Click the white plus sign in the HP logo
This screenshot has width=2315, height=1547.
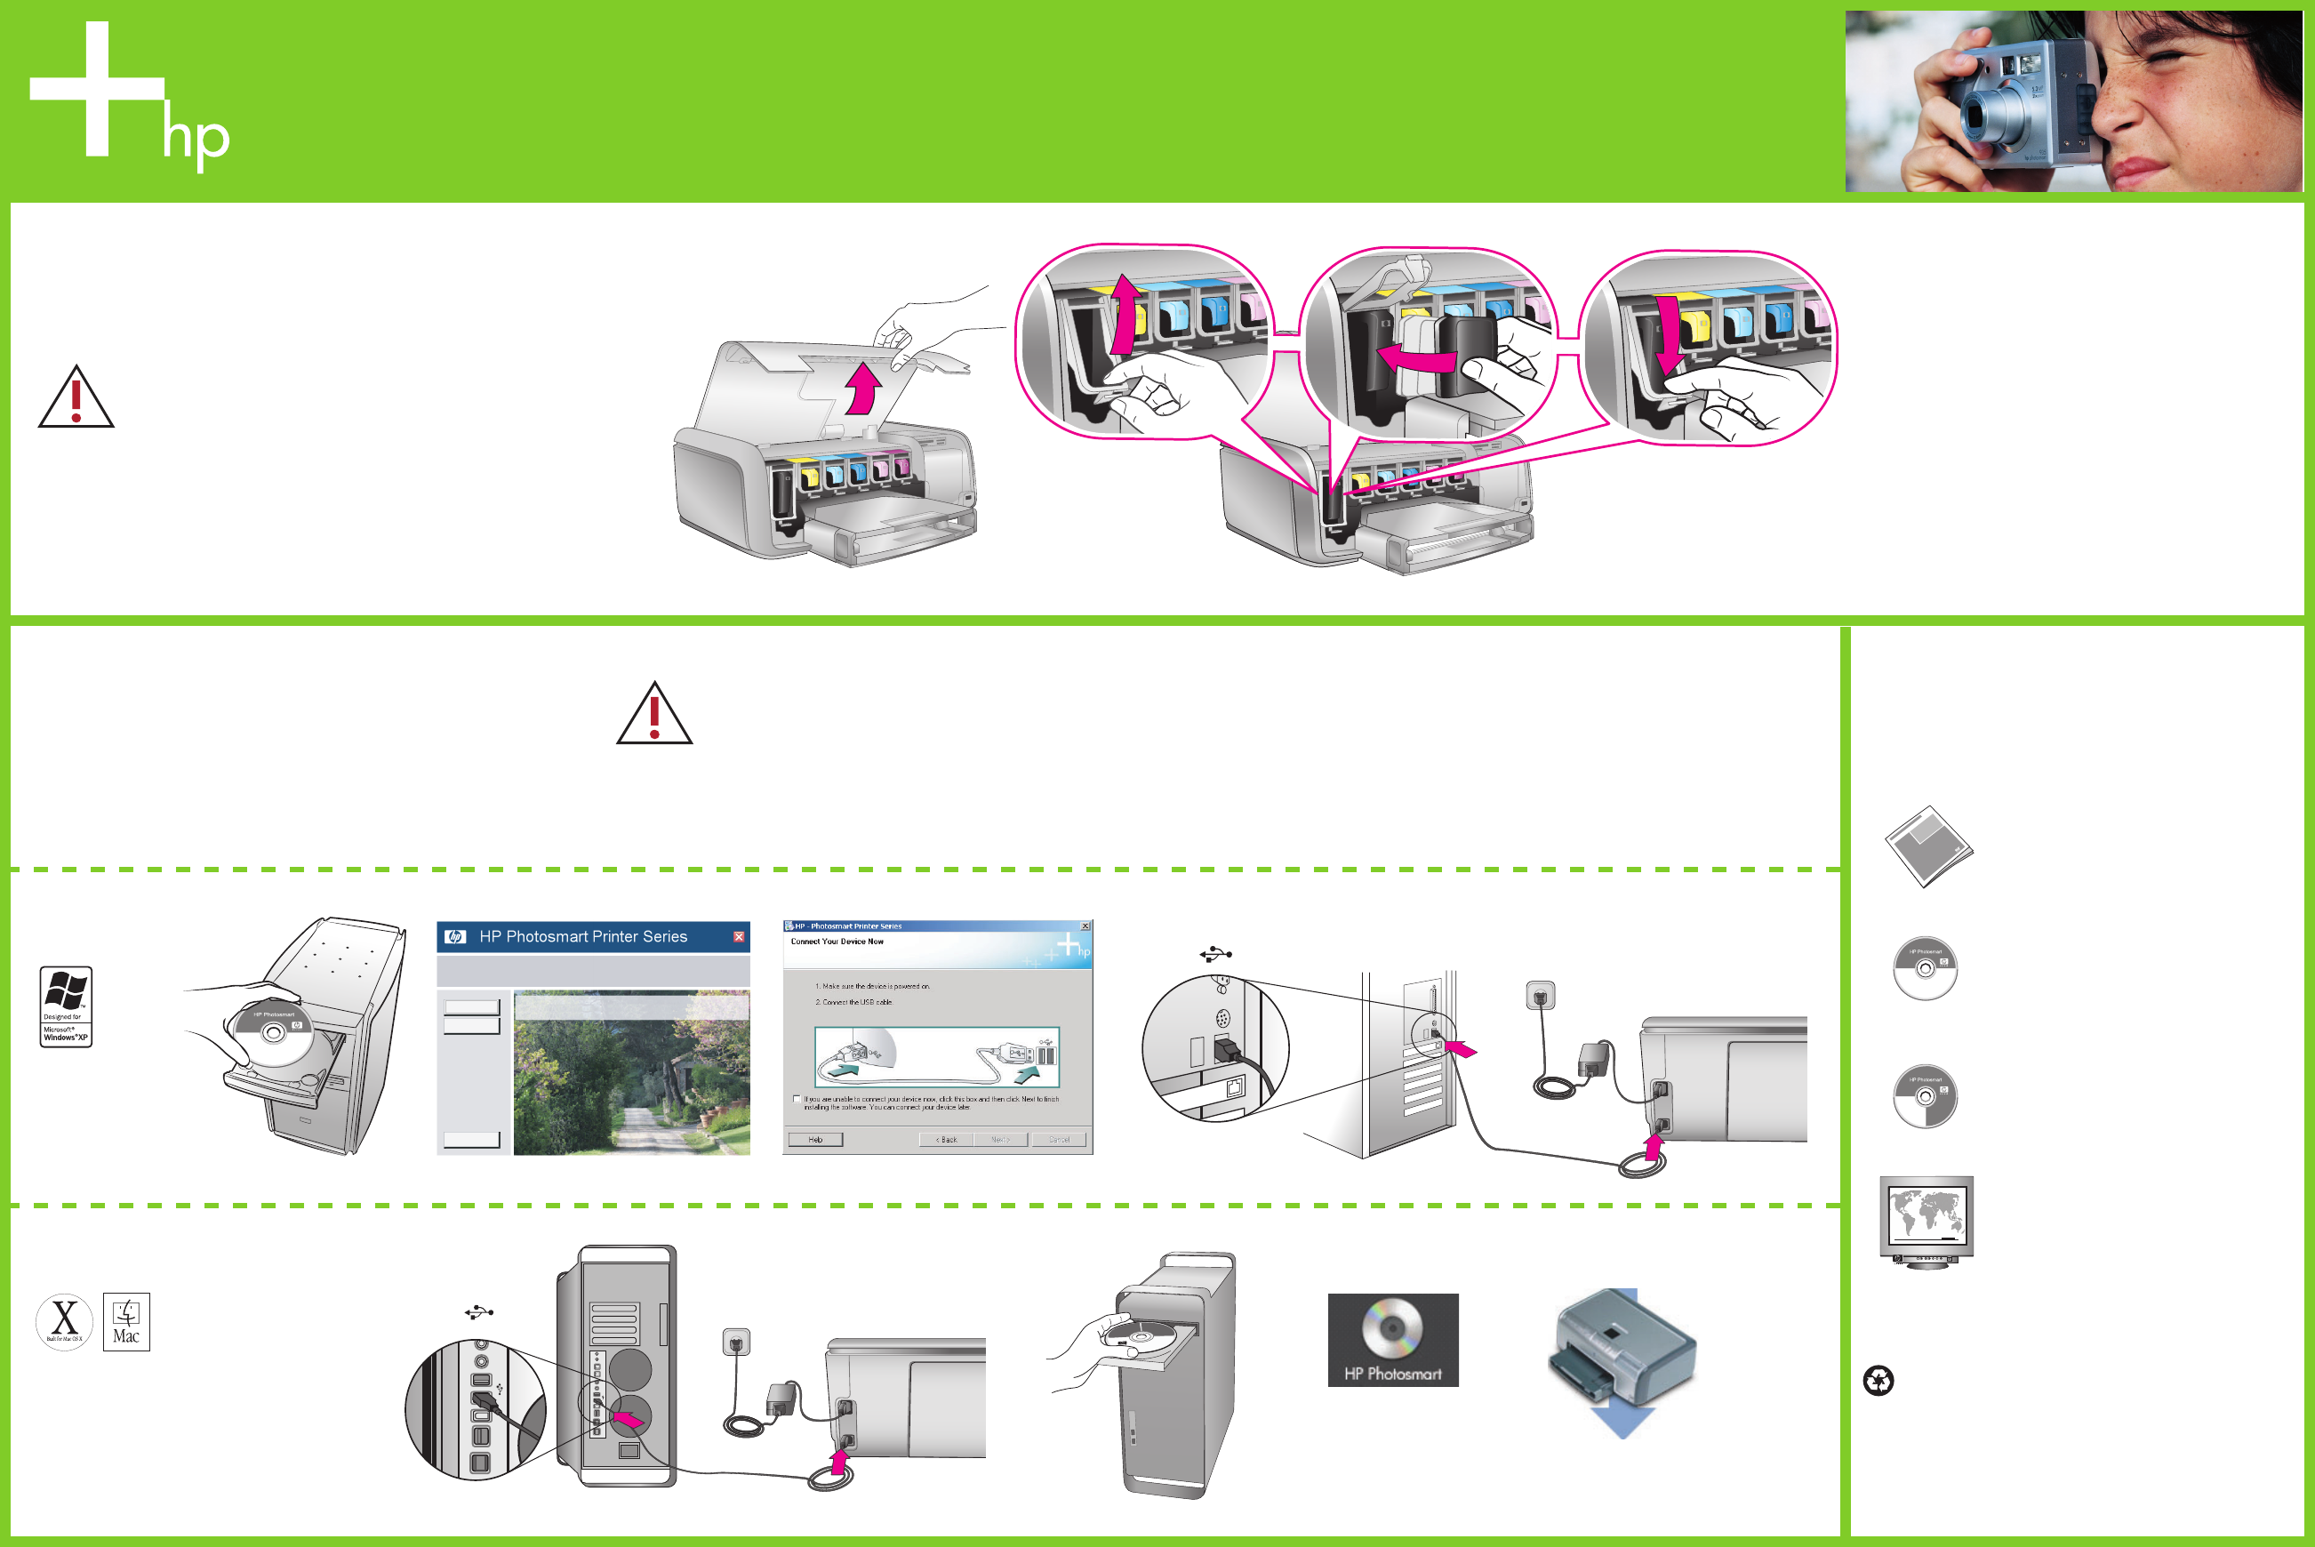click(97, 89)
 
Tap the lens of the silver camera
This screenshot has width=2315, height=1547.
click(1976, 117)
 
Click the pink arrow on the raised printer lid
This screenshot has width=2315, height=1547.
click(864, 388)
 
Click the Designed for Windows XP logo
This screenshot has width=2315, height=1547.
click(66, 1006)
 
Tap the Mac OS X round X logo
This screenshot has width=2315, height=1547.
click(64, 1321)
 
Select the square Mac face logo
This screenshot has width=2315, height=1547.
click(126, 1321)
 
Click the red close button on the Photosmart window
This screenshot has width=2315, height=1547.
click(739, 936)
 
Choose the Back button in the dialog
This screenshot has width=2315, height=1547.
click(946, 1140)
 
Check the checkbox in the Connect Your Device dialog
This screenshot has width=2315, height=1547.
click(797, 1099)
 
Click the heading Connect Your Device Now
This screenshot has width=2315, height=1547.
click(837, 942)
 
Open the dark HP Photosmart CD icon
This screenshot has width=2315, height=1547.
click(1393, 1339)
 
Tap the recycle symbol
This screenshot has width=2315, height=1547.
click(1878, 1380)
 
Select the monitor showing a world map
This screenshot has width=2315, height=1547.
click(1926, 1220)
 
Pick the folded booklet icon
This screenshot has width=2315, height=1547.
click(1928, 846)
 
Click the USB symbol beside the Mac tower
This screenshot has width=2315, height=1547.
click(479, 1312)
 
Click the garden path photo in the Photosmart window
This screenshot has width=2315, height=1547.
click(631, 1076)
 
